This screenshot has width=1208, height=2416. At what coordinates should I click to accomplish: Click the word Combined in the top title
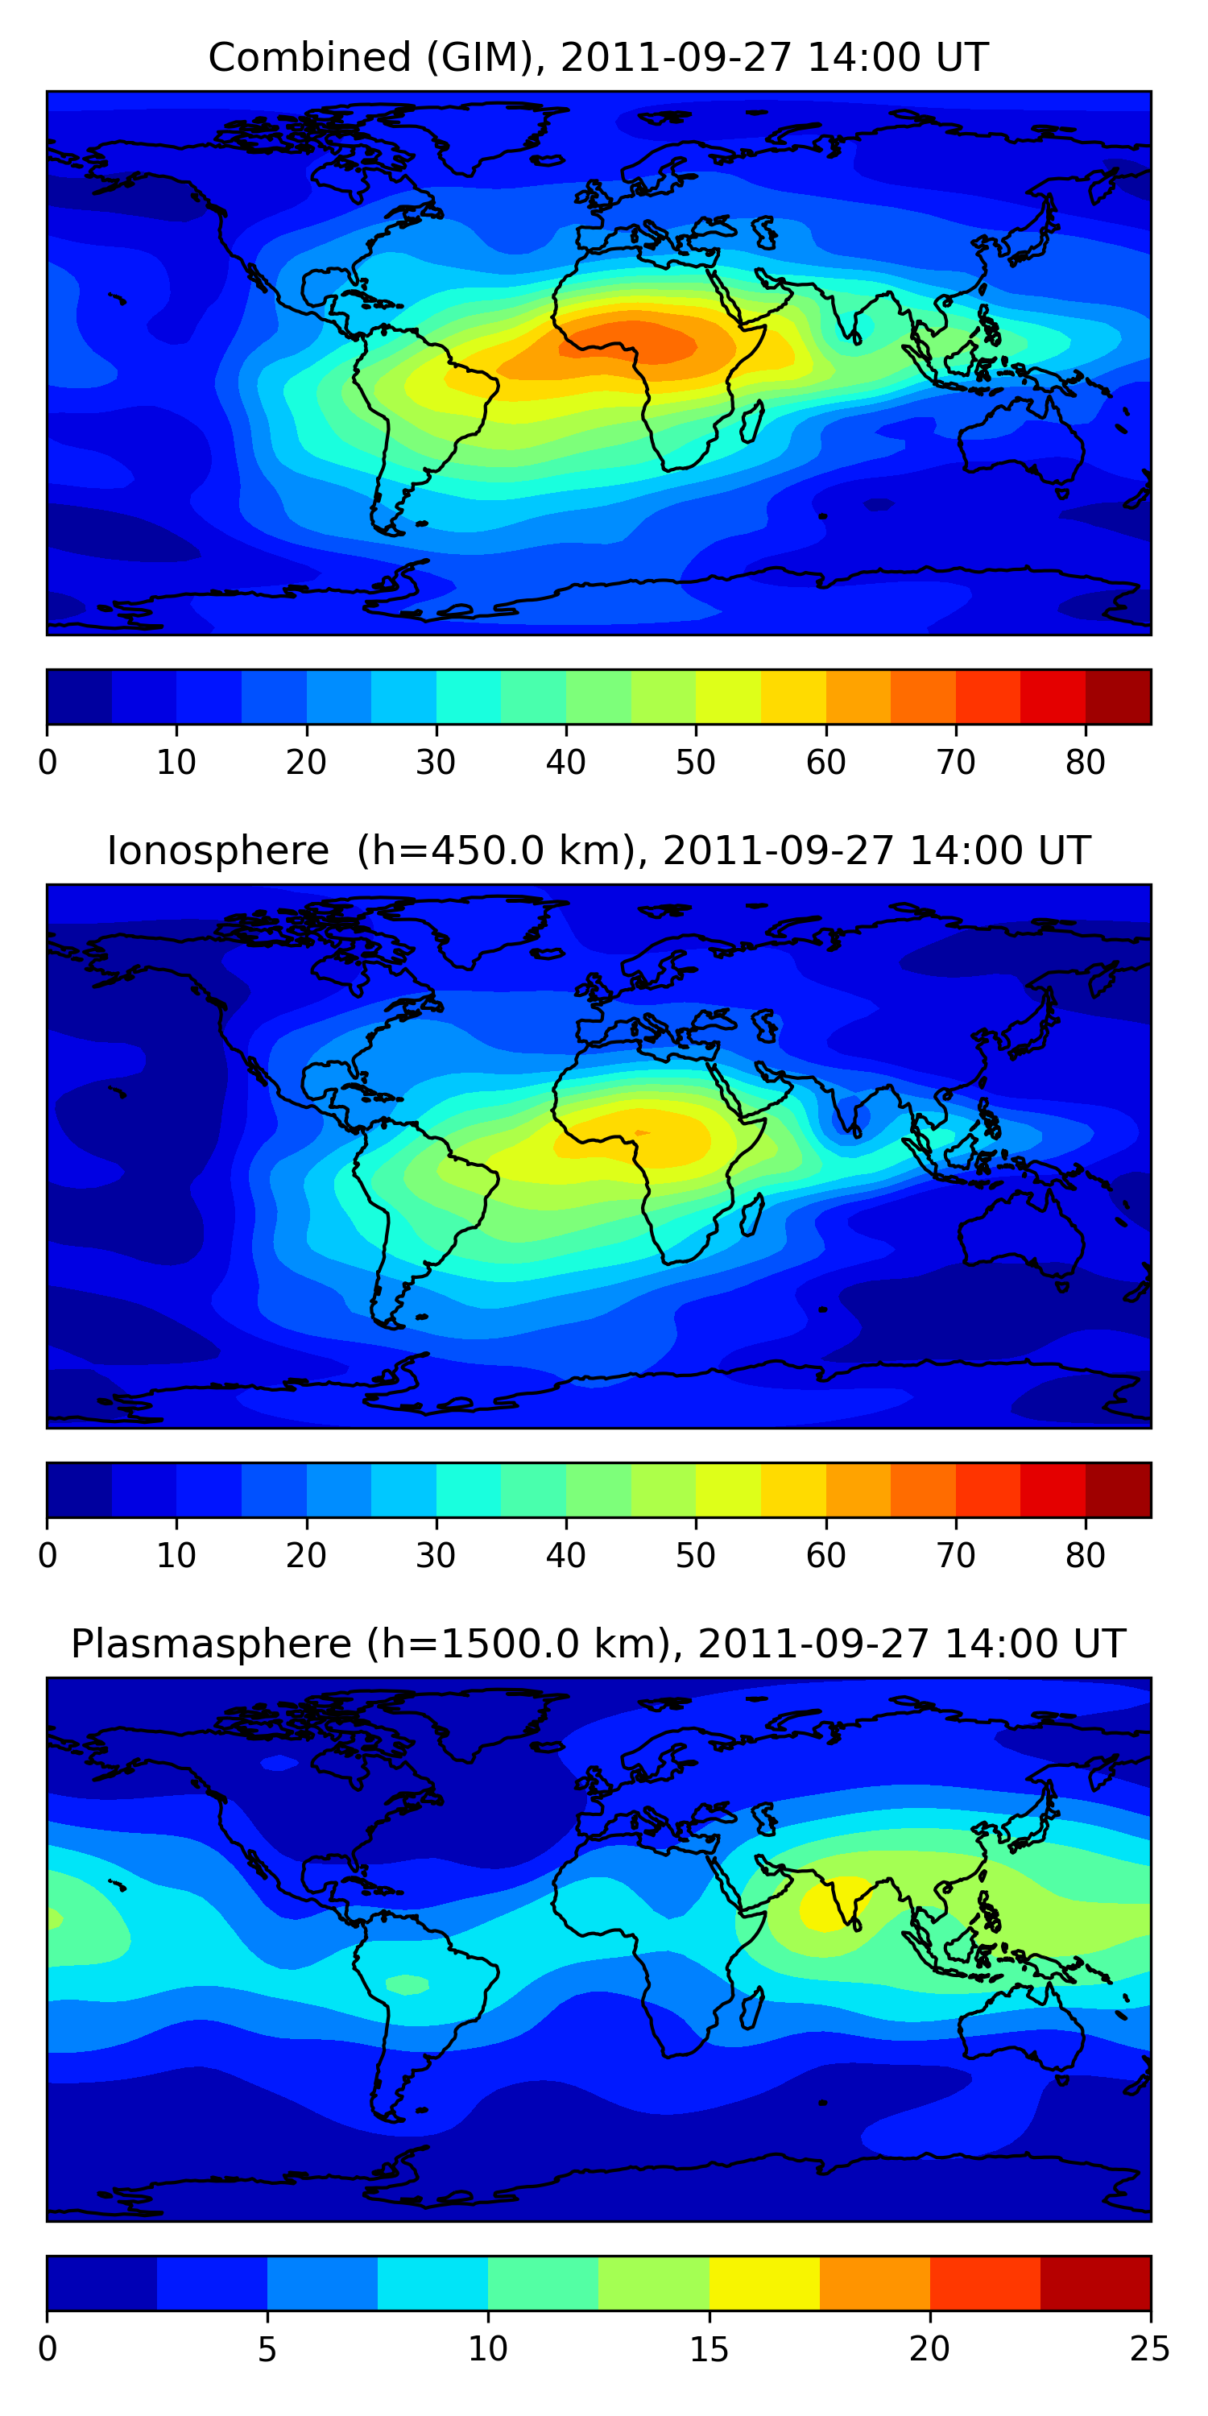coord(308,57)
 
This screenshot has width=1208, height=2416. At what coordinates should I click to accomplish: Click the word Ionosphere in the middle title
coord(217,850)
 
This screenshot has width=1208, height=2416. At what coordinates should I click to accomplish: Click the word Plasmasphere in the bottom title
coord(210,1644)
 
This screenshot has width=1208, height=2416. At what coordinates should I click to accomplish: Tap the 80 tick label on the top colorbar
coord(1085,763)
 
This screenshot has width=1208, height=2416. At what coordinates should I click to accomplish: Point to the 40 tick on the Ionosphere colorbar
coord(565,1556)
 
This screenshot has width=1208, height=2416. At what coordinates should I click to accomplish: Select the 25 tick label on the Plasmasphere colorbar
coord(1150,2349)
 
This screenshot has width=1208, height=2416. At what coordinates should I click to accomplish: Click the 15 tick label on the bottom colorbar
coord(709,2349)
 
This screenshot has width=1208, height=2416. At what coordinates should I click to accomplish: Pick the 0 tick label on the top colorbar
coord(48,763)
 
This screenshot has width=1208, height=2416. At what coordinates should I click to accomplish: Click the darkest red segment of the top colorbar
coord(1118,697)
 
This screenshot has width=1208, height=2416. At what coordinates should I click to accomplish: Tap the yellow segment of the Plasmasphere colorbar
coord(763,2283)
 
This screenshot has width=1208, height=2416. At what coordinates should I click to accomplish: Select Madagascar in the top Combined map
coord(751,422)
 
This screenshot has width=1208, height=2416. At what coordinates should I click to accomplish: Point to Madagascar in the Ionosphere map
coord(751,1215)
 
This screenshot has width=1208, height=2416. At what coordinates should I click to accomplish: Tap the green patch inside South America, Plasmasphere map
coord(407,1984)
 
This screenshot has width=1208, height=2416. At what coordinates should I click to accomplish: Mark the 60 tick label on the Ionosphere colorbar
coord(825,1556)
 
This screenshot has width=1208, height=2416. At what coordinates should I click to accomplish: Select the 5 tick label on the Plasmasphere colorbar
coord(267,2349)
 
